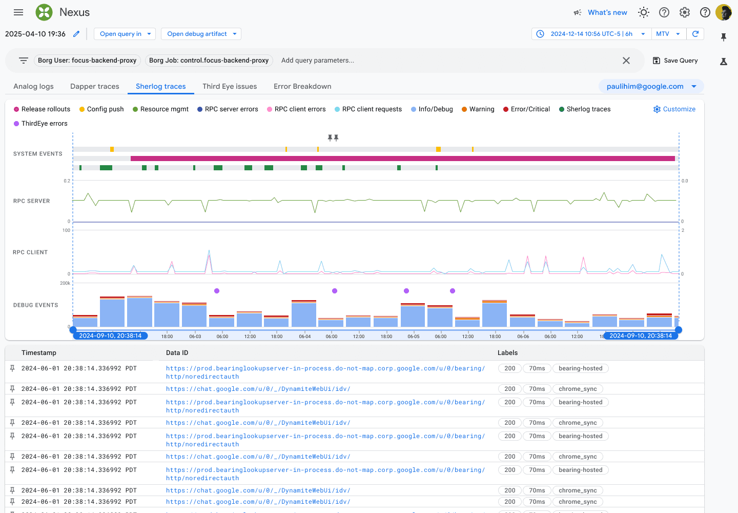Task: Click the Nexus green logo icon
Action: click(44, 12)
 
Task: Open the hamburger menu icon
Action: click(18, 12)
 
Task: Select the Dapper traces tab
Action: click(94, 86)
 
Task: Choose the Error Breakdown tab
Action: click(302, 86)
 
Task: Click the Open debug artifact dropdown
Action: click(201, 34)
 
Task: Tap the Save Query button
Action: click(675, 61)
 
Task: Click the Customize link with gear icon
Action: click(674, 109)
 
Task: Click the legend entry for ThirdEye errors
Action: click(40, 124)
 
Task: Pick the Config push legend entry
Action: click(101, 109)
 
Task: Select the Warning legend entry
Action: click(478, 109)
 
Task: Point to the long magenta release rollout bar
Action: click(403, 159)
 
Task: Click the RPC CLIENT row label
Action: click(30, 252)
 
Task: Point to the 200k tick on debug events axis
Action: click(65, 283)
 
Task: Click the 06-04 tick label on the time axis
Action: click(305, 337)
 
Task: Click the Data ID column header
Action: click(177, 353)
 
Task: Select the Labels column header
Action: click(507, 353)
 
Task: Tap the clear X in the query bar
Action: click(626, 61)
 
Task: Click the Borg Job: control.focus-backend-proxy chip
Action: click(209, 61)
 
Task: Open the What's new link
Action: click(607, 12)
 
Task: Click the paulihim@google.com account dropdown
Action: click(651, 86)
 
